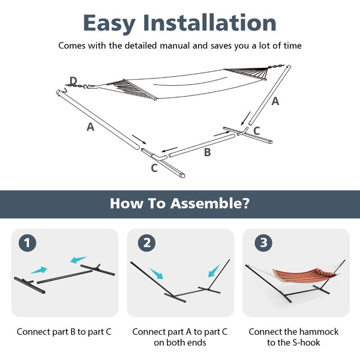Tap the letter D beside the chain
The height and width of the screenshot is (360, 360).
tap(73, 80)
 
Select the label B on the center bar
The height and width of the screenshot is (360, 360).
tap(207, 152)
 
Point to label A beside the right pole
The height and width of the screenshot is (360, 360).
tap(275, 101)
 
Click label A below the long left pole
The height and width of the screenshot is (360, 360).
tap(90, 127)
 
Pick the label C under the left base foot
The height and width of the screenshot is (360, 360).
tap(154, 168)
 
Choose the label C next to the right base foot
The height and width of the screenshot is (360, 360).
tap(256, 130)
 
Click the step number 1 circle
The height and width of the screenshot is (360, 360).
tap(28, 243)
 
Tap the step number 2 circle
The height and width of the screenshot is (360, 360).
tap(147, 243)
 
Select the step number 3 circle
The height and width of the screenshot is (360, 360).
tap(262, 243)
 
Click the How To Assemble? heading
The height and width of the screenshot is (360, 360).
tap(179, 203)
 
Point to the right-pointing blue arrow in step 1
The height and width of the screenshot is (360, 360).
tap(39, 271)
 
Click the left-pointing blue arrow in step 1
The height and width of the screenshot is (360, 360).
tap(78, 260)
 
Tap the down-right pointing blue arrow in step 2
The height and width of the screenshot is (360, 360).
tap(156, 274)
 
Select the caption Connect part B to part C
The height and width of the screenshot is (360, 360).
tap(64, 331)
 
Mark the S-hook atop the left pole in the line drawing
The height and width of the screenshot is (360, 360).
tap(61, 91)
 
